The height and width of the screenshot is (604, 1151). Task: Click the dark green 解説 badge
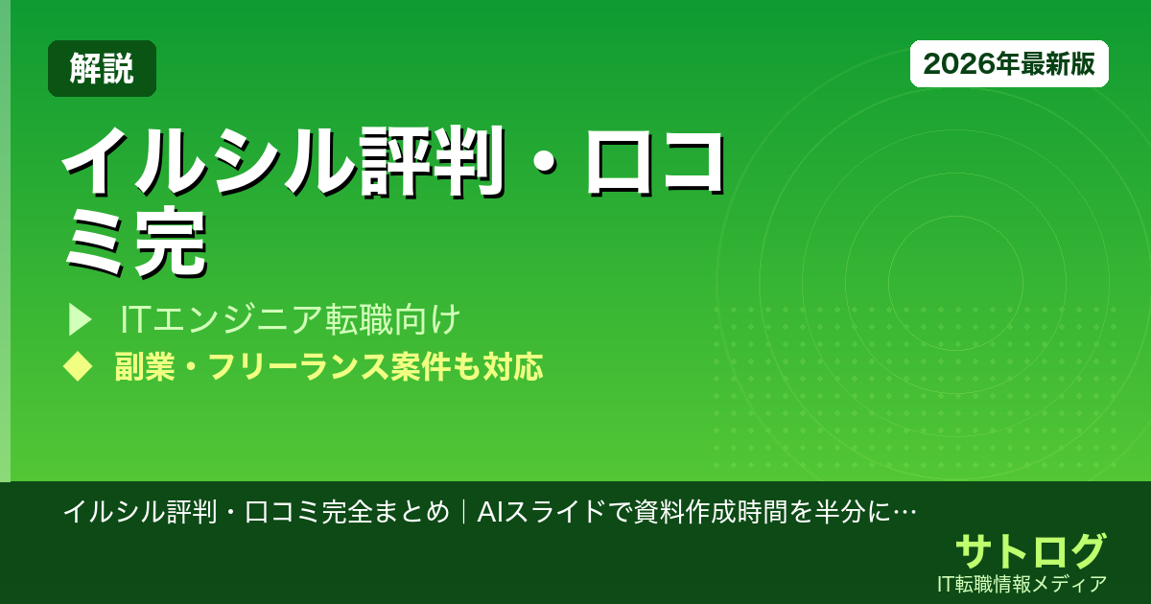click(102, 69)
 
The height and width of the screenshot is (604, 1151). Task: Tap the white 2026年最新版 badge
click(1009, 64)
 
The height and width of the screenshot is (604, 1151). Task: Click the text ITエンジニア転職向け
click(292, 318)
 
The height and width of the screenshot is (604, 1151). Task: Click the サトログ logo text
click(1030, 551)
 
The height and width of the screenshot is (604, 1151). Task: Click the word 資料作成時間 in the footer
click(700, 512)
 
